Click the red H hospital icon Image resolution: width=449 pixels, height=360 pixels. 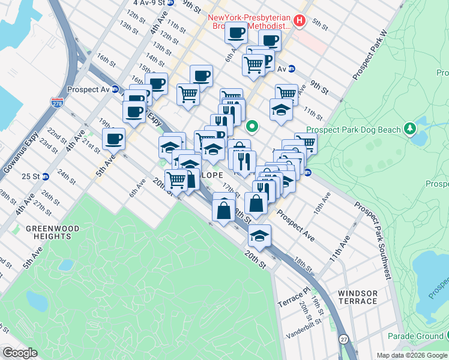tap(300, 22)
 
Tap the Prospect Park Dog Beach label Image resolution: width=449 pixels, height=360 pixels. tap(353, 130)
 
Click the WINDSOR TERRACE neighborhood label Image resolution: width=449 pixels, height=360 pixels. tap(358, 298)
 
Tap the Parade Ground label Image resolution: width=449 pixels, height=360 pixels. tap(414, 335)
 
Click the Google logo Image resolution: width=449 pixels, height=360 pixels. tap(20, 353)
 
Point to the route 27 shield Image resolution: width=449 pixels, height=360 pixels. tap(342, 339)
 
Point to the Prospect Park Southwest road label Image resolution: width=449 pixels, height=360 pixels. tap(374, 240)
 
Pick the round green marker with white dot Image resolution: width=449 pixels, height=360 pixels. tap(253, 126)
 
